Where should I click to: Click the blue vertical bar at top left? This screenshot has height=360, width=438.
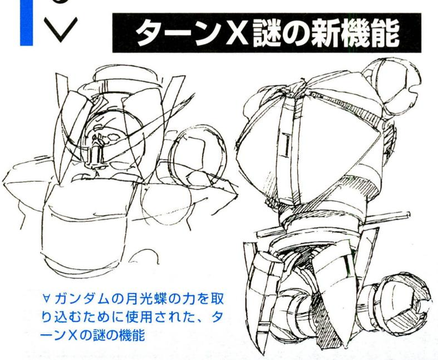tap(26, 22)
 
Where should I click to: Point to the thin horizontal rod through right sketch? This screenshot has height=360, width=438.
tap(334, 223)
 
